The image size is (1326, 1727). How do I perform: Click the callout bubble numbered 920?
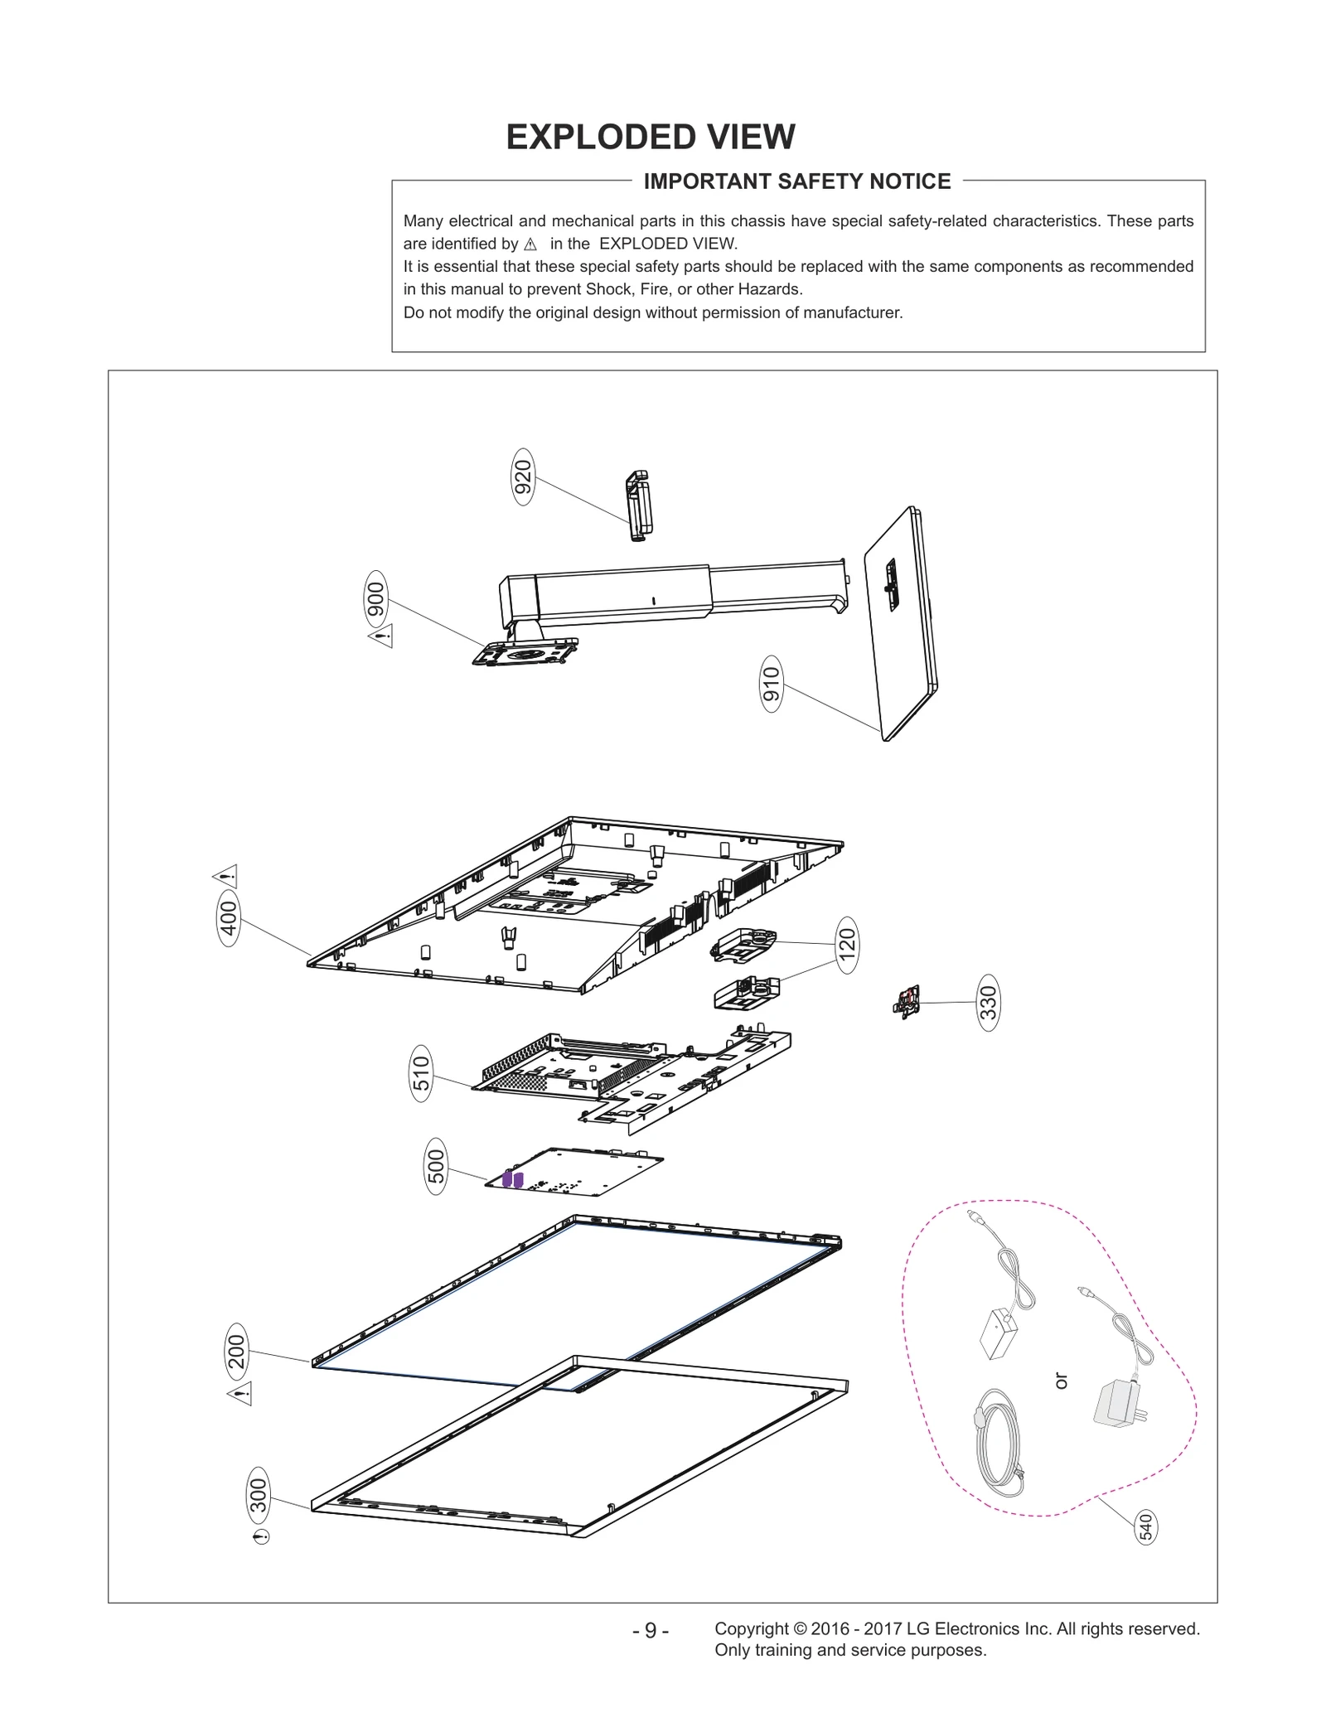(523, 476)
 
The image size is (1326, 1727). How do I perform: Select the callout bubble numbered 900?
(376, 599)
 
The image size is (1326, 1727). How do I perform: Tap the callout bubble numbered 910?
(772, 684)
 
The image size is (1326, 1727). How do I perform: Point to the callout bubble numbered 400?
(229, 917)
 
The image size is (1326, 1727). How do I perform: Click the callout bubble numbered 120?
(846, 945)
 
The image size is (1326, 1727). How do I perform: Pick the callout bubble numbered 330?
(988, 1003)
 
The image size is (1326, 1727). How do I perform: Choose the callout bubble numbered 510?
(422, 1073)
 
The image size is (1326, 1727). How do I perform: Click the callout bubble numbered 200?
(237, 1352)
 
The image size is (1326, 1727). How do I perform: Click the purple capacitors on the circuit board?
(513, 1178)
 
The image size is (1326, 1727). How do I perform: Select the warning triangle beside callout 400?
(226, 876)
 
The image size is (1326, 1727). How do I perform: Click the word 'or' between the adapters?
(1062, 1381)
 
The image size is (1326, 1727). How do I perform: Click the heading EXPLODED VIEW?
(651, 137)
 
